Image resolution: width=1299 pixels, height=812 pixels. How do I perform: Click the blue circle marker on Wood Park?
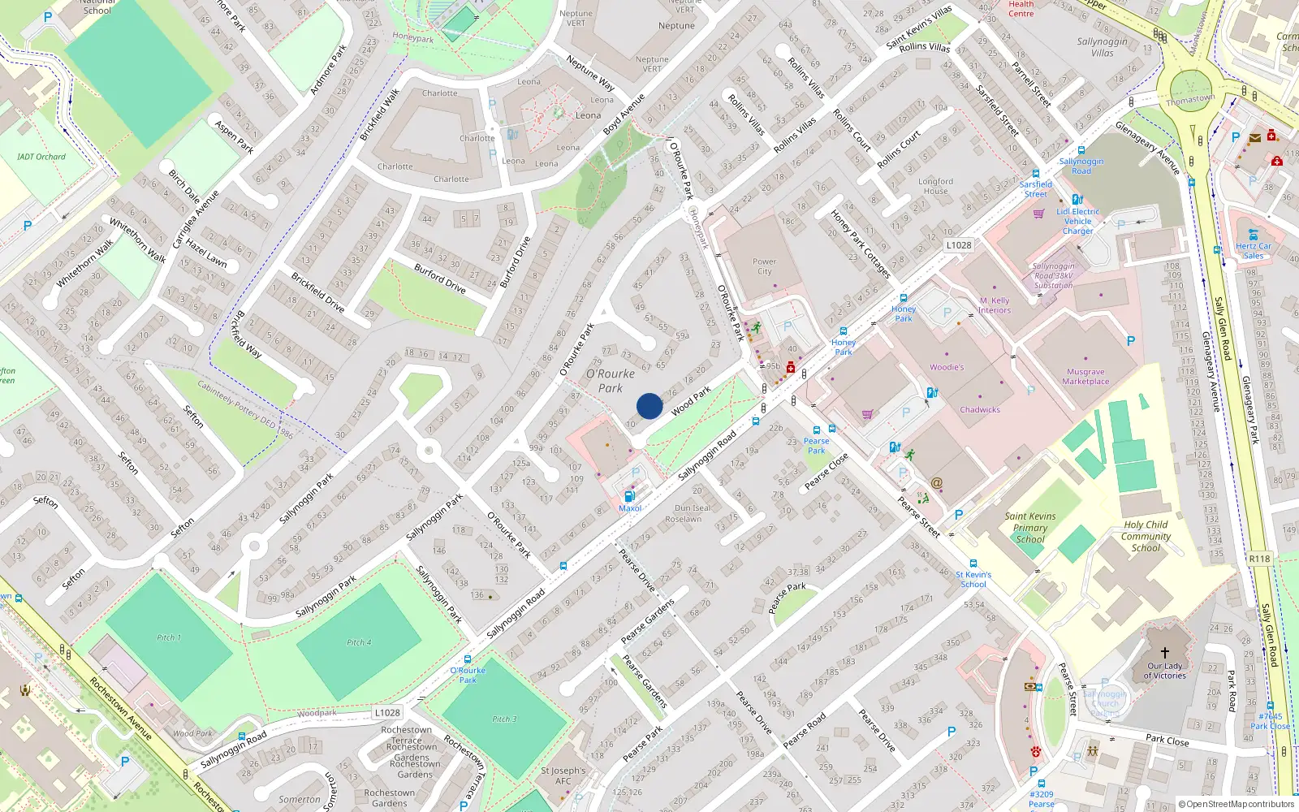click(x=649, y=406)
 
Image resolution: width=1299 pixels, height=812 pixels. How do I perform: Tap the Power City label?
click(x=764, y=266)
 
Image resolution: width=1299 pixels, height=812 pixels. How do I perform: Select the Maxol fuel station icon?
click(x=629, y=496)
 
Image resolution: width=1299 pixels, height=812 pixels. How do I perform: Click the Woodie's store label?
click(x=947, y=367)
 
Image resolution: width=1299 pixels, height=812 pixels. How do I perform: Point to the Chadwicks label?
click(x=980, y=410)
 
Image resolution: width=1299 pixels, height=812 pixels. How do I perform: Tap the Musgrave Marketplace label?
click(x=1085, y=377)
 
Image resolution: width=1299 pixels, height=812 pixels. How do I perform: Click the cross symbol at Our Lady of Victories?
click(x=1164, y=653)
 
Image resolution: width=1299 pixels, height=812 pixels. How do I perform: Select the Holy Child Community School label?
click(x=1146, y=536)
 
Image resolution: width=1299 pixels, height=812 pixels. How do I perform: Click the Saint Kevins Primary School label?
click(x=1030, y=527)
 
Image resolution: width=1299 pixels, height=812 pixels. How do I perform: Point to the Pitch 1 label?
click(x=169, y=637)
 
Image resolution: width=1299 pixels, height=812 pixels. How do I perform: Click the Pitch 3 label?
click(x=504, y=719)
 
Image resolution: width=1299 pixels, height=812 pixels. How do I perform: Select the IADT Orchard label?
click(x=41, y=157)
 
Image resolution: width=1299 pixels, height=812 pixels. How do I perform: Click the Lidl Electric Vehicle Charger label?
click(x=1078, y=221)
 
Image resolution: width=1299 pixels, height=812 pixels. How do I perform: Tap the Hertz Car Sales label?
click(x=1254, y=251)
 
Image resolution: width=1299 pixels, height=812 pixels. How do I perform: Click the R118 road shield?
click(x=1259, y=559)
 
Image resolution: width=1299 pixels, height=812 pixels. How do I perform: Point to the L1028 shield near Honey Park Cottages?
click(x=959, y=244)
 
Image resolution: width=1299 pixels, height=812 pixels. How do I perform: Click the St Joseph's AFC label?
click(x=563, y=775)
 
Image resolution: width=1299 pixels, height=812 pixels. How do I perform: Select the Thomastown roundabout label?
click(x=1190, y=100)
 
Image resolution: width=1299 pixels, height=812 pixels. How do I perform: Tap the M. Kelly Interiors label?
click(x=995, y=305)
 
